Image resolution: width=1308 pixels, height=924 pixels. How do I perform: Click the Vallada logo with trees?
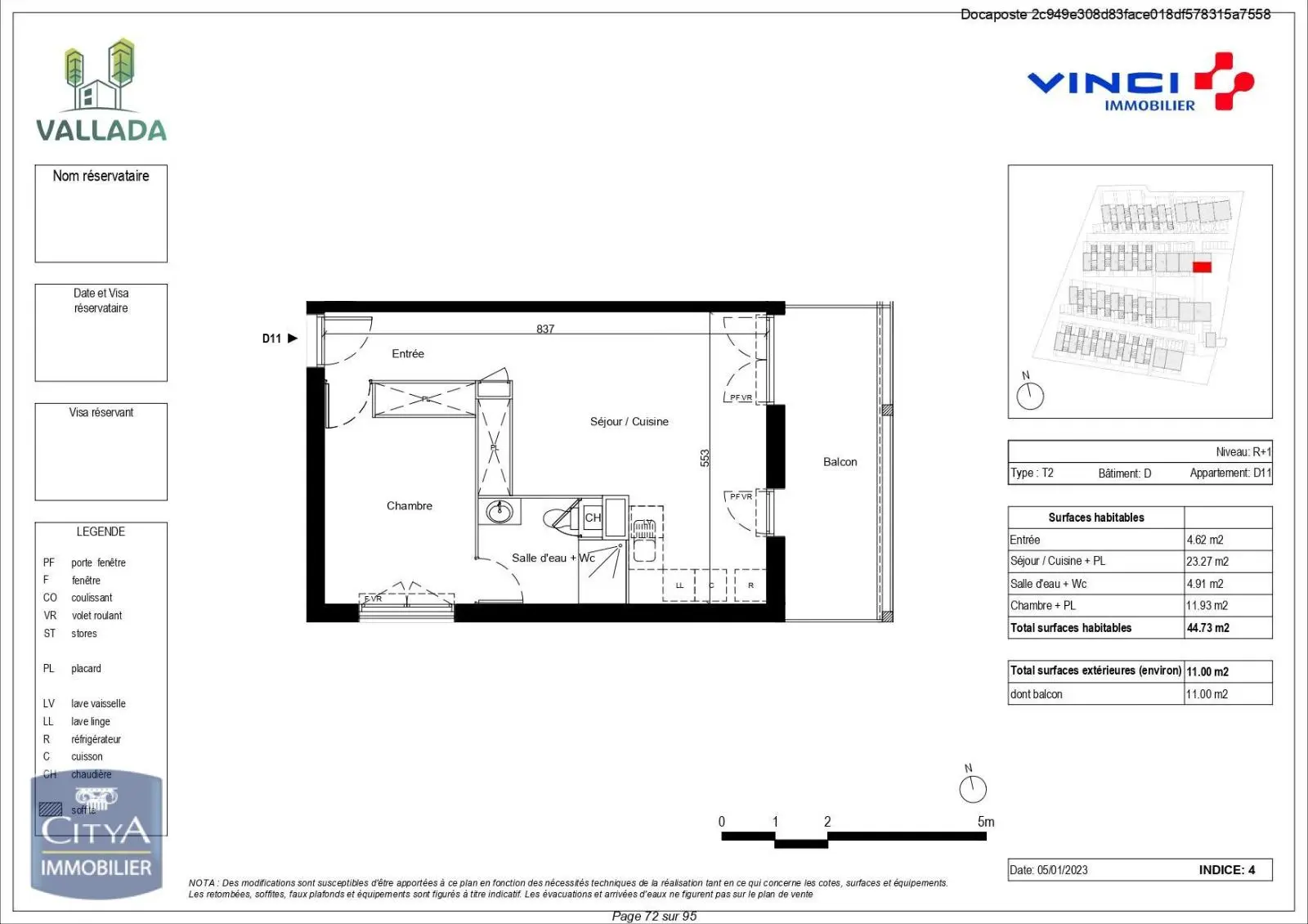point(101,90)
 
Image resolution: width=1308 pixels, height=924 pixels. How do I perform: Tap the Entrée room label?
point(407,353)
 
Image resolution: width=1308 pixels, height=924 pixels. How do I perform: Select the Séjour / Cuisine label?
point(629,421)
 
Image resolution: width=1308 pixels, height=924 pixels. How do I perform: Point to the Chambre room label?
point(409,505)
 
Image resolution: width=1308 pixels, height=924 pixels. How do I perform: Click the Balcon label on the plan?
point(840,462)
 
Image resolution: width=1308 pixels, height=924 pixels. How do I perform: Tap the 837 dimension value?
point(545,329)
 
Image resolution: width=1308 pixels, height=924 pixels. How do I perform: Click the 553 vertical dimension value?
point(705,458)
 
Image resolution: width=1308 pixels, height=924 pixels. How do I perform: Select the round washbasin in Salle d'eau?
point(499,512)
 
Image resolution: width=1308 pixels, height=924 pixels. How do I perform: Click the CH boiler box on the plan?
point(593,518)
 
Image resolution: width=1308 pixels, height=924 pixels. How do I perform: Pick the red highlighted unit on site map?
point(1201,267)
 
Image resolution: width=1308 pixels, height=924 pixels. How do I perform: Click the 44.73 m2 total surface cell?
point(1207,628)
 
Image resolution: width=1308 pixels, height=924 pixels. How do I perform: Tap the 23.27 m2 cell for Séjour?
point(1207,561)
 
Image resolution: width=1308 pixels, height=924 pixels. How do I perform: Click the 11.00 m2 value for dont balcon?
point(1207,694)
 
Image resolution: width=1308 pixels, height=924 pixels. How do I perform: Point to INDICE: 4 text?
point(1226,870)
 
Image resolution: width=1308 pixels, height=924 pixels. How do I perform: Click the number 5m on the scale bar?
point(985,822)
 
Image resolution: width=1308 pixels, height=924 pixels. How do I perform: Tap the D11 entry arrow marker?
point(292,338)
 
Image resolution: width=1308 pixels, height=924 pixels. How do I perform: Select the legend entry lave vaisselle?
point(98,703)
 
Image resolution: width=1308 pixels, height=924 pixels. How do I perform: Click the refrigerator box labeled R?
point(750,585)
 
